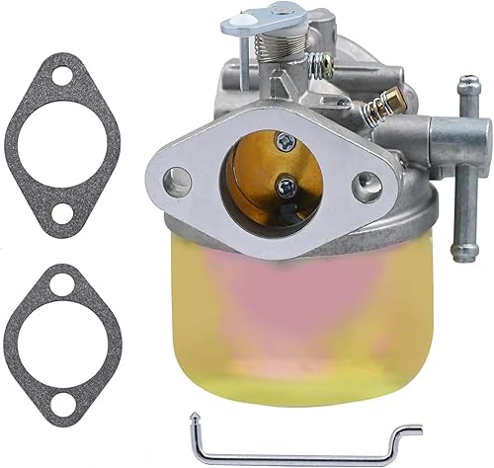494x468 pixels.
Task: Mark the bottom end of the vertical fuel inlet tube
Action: click(460, 254)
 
